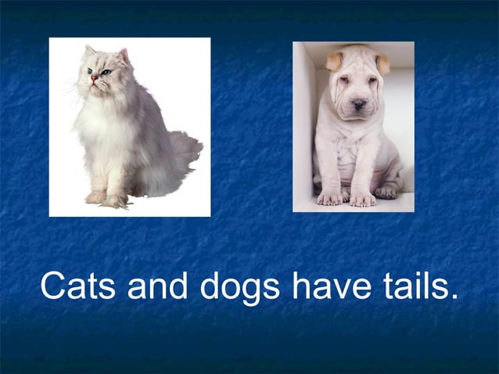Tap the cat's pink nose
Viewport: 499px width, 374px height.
click(x=94, y=77)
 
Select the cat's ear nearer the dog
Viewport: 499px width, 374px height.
click(x=123, y=56)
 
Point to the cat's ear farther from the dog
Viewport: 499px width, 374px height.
click(x=89, y=51)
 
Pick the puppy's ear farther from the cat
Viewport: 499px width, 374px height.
click(x=382, y=63)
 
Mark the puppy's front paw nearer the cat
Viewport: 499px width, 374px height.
click(x=331, y=198)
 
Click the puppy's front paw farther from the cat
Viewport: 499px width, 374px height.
click(x=362, y=200)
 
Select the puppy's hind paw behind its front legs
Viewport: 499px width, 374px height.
click(x=386, y=190)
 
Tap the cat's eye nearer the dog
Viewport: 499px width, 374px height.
click(x=106, y=72)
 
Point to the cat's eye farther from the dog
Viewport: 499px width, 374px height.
click(x=90, y=70)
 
